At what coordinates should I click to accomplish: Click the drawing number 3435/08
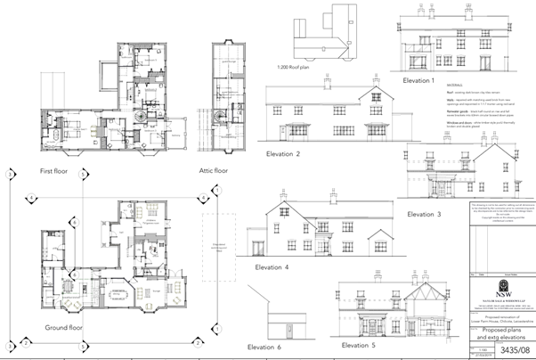[x=509, y=348]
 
